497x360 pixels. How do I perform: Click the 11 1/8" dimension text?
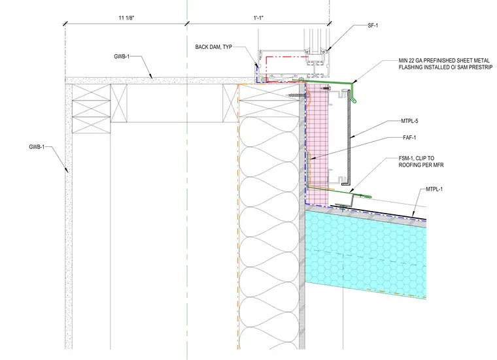tap(126, 18)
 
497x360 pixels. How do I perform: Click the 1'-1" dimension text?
tap(258, 18)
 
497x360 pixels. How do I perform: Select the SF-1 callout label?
tap(373, 25)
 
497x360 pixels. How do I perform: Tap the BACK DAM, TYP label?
tap(214, 47)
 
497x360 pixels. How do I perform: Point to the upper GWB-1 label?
tap(122, 56)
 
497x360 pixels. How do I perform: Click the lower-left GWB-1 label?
tap(37, 147)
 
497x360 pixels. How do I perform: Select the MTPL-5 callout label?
tap(409, 121)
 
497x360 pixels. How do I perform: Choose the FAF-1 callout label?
tap(409, 137)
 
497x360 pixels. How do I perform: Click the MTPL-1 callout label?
tap(434, 189)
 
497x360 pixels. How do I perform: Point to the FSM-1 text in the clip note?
tap(407, 158)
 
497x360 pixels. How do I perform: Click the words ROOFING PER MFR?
tap(421, 165)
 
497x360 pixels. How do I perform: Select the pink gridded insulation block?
tap(317, 146)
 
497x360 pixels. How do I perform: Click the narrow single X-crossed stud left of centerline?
tap(118, 103)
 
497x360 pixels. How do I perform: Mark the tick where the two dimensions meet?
tap(187, 24)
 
